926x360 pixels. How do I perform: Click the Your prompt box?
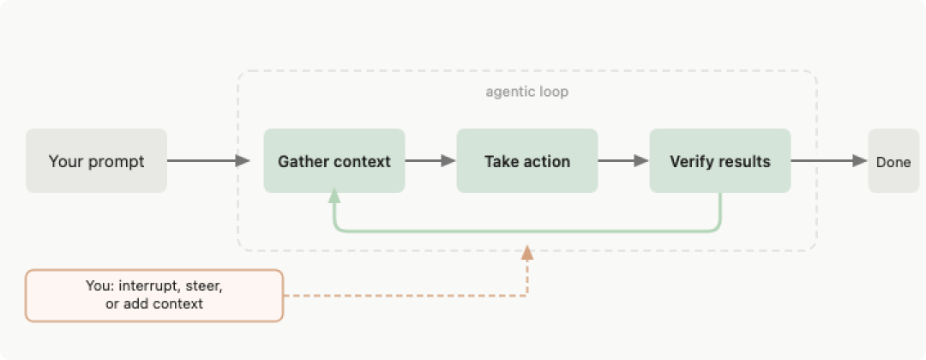pyautogui.click(x=96, y=160)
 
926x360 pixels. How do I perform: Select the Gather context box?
pyautogui.click(x=334, y=160)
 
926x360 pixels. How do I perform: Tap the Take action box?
pyautogui.click(x=527, y=160)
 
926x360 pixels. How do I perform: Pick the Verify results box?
pyautogui.click(x=720, y=160)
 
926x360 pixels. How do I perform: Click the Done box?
pyautogui.click(x=893, y=160)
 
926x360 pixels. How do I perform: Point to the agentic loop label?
pyautogui.click(x=527, y=93)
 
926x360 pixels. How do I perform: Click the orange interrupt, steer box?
pyautogui.click(x=154, y=296)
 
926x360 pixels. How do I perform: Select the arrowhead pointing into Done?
pyautogui.click(x=860, y=160)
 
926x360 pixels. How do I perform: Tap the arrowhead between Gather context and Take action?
pyautogui.click(x=448, y=160)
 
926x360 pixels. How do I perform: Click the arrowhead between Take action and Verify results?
pyautogui.click(x=642, y=160)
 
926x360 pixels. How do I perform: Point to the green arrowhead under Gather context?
pyautogui.click(x=334, y=196)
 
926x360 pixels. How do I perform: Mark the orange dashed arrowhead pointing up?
pyautogui.click(x=527, y=254)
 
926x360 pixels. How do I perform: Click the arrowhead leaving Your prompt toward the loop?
pyautogui.click(x=243, y=160)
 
